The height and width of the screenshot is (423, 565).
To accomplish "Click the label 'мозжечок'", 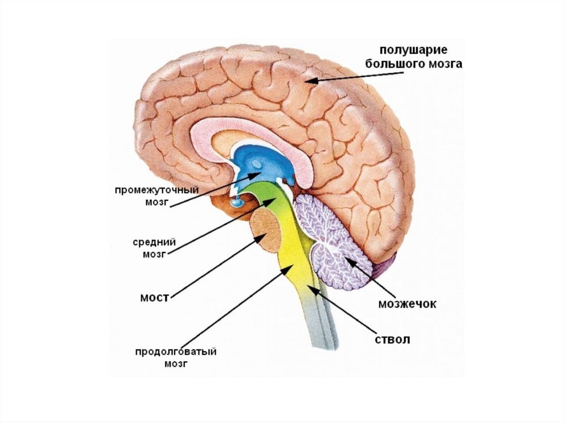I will coord(407,304).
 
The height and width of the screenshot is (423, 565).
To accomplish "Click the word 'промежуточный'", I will coord(157,190).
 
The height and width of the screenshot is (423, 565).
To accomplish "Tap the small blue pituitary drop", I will coord(238,204).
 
